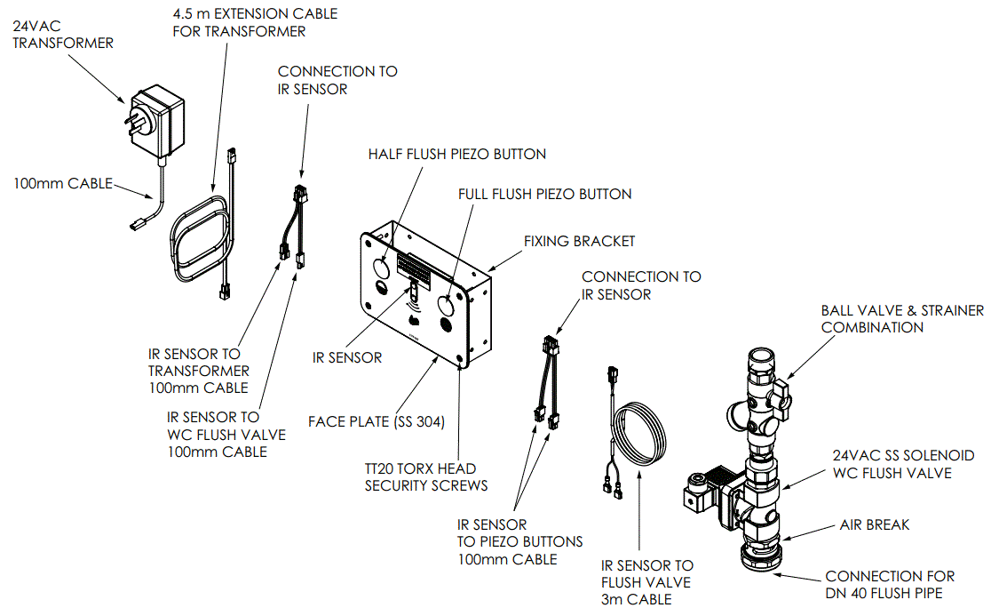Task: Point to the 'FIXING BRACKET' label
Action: tap(579, 241)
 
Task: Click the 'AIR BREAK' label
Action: tap(874, 524)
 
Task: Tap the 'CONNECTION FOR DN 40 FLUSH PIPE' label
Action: tap(890, 584)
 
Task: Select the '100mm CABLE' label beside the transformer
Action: tap(62, 183)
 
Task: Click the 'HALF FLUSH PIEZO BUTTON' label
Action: tap(456, 154)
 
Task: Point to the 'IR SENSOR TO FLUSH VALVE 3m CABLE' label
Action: tap(647, 581)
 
